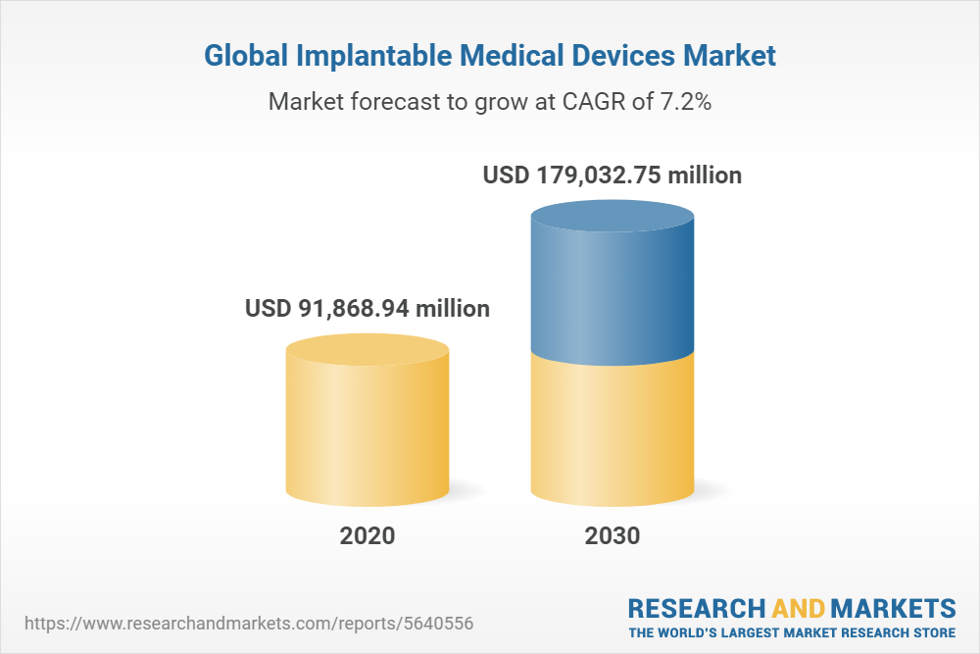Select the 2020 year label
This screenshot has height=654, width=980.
[367, 536]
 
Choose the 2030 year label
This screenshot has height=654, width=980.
[612, 536]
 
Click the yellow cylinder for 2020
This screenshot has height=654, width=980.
[367, 431]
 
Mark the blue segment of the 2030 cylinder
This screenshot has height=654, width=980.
[612, 294]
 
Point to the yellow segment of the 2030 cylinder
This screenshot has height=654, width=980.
[612, 431]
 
